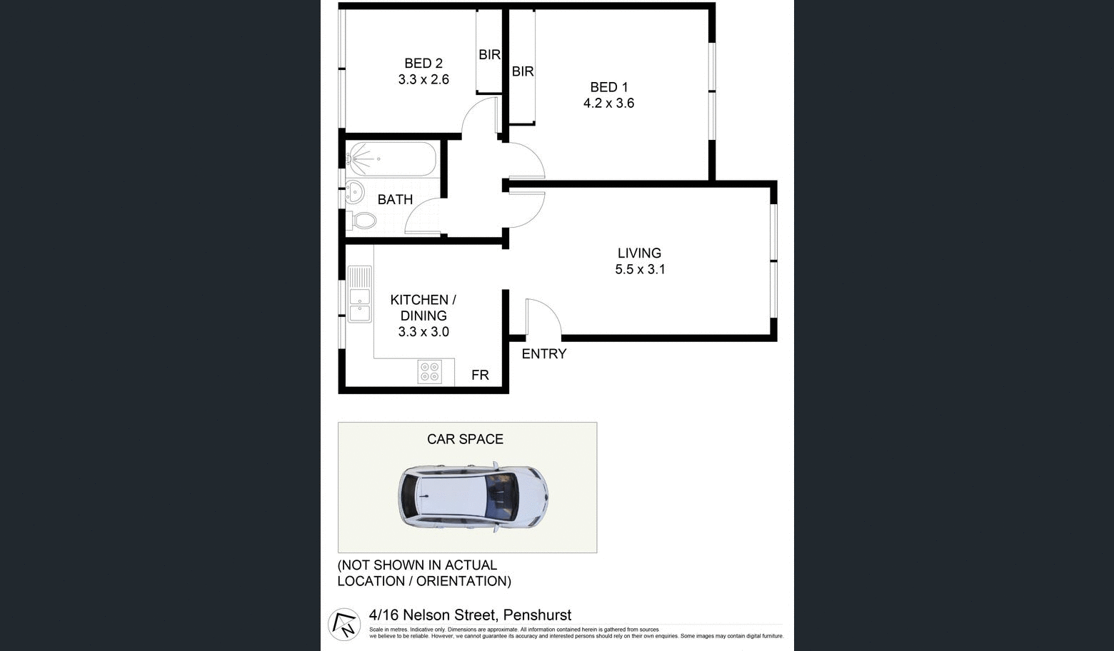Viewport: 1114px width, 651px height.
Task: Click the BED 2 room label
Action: (x=423, y=64)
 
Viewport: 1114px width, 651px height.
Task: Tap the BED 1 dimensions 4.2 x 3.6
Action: (x=608, y=103)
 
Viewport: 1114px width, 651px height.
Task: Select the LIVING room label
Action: (x=639, y=253)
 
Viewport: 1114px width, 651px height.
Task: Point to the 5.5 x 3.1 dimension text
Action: (x=640, y=269)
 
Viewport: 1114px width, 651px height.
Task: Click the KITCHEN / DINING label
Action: (x=423, y=308)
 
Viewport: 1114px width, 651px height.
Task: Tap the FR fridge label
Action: (x=480, y=375)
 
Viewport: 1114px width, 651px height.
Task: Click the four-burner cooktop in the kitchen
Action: (x=430, y=372)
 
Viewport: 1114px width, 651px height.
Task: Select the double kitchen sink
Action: (x=359, y=293)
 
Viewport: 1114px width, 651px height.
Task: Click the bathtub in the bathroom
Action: (x=391, y=159)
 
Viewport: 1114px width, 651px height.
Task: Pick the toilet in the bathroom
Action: (x=362, y=220)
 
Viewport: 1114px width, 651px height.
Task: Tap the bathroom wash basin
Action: (x=354, y=191)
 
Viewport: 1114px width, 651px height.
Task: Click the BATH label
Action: (x=395, y=200)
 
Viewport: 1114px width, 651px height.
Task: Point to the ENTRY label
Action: (x=543, y=354)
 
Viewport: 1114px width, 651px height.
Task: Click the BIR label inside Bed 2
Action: (x=489, y=54)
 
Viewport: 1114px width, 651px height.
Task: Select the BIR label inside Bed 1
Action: (x=523, y=71)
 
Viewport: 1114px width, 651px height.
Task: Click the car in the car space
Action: (x=473, y=496)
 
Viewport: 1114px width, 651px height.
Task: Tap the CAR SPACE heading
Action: (x=465, y=439)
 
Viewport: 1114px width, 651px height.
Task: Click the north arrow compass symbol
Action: (x=344, y=624)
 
